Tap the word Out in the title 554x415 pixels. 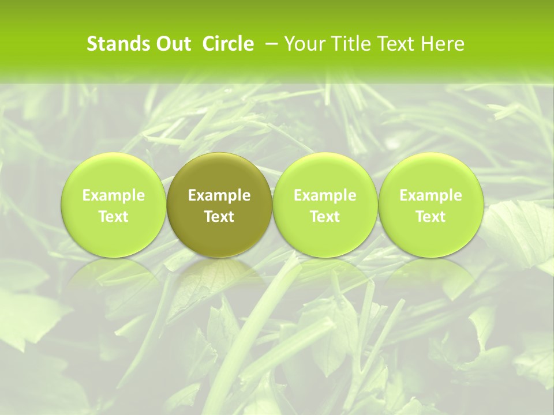pos(172,44)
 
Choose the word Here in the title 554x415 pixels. pos(443,44)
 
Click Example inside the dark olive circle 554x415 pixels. pos(219,196)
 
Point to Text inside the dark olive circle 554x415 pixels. pos(219,217)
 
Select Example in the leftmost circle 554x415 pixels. pos(114,196)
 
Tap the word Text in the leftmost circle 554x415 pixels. pos(114,217)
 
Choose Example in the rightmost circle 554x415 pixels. pos(431,196)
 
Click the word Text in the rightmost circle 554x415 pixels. pos(431,217)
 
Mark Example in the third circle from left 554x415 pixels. pos(325,196)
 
